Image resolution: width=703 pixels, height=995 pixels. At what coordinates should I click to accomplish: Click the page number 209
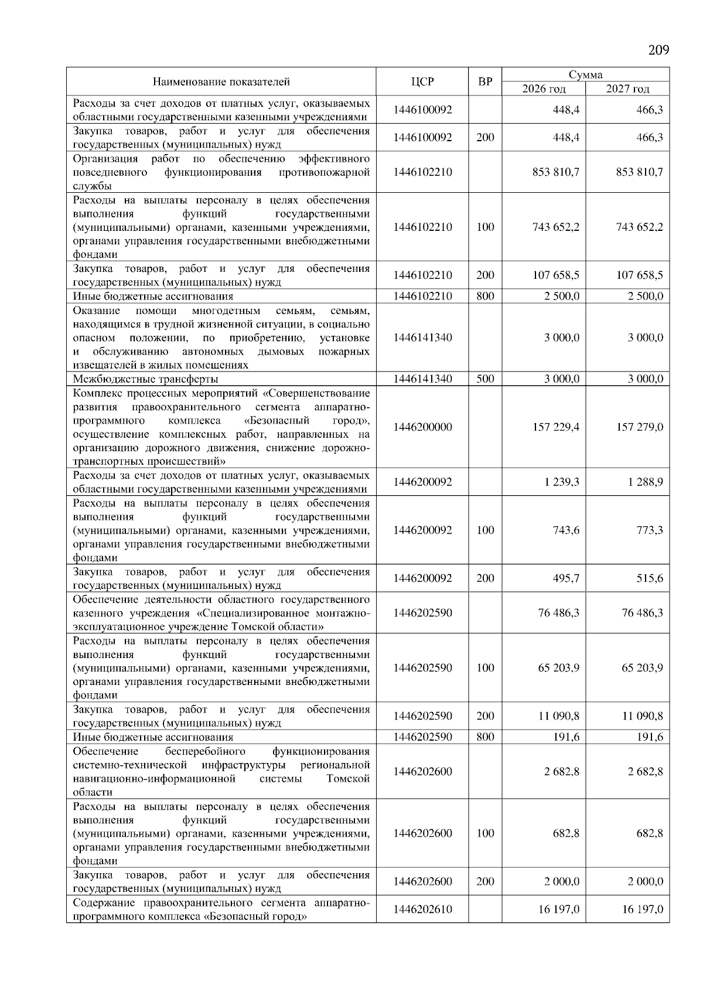click(658, 50)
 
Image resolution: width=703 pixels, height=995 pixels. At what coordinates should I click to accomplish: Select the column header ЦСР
click(422, 81)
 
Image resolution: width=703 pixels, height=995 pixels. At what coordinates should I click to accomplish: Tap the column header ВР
click(485, 81)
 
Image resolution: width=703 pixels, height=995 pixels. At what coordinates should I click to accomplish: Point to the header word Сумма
click(586, 74)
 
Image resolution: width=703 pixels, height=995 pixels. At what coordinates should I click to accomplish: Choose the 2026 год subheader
click(544, 88)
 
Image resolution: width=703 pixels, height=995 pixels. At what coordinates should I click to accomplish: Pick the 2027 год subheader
click(627, 88)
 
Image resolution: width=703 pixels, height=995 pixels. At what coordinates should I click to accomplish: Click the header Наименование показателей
click(221, 81)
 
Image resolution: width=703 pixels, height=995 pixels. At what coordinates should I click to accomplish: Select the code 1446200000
click(422, 427)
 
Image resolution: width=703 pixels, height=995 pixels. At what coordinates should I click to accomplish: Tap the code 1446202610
click(422, 909)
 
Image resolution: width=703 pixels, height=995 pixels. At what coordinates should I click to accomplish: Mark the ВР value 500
click(485, 379)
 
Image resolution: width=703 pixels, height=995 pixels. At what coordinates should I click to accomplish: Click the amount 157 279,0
click(640, 427)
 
